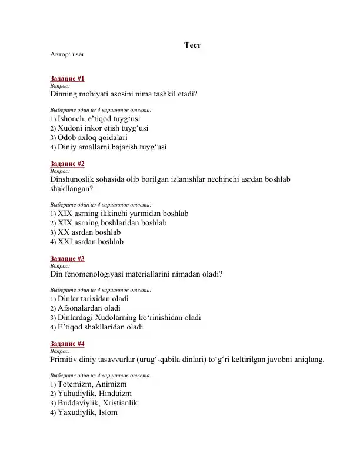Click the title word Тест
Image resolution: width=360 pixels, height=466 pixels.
point(194,45)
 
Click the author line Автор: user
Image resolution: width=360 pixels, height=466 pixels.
point(67,54)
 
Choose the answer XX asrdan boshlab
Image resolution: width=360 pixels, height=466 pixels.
point(89,232)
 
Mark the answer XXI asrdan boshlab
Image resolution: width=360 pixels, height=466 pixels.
point(91,241)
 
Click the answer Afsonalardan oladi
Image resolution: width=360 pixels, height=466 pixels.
point(89,308)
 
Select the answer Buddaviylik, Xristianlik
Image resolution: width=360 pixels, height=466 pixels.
point(102,402)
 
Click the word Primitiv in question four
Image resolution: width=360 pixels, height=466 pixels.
point(66,359)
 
